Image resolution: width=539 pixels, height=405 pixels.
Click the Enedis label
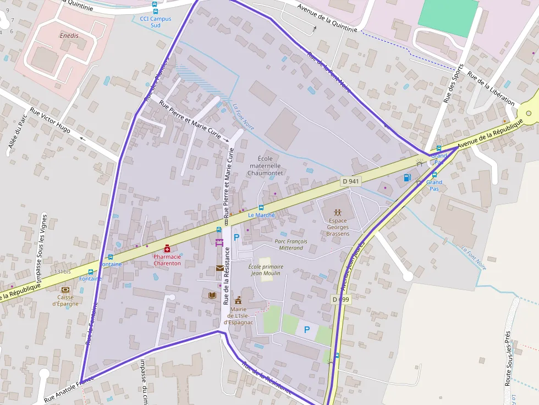point(69,36)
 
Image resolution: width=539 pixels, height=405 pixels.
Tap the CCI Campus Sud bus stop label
point(156,22)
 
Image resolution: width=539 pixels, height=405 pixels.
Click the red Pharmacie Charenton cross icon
point(167,248)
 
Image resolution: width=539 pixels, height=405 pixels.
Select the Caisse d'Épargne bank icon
point(66,290)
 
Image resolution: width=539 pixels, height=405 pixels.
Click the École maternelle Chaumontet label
point(265,166)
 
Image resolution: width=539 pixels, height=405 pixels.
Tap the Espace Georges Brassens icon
point(338,212)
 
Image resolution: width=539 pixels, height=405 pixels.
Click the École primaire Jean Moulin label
point(266,270)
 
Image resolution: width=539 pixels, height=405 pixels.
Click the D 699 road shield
point(341,299)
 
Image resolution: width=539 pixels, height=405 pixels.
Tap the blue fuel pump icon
point(407,177)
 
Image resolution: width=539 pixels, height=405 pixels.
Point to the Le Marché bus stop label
point(261,215)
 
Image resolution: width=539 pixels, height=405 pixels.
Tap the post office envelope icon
point(220,269)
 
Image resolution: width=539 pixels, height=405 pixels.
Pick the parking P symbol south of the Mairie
point(307,330)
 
